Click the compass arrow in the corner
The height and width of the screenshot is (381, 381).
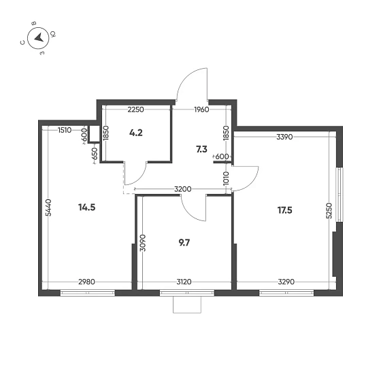(x=39, y=37)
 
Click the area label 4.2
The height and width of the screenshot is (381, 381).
(x=136, y=133)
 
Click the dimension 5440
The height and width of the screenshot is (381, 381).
(x=48, y=207)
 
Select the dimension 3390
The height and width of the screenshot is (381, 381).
(x=284, y=137)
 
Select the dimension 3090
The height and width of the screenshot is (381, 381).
(x=142, y=244)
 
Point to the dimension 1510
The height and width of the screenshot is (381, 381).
(x=65, y=129)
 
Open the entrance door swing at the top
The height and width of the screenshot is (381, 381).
(x=191, y=87)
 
